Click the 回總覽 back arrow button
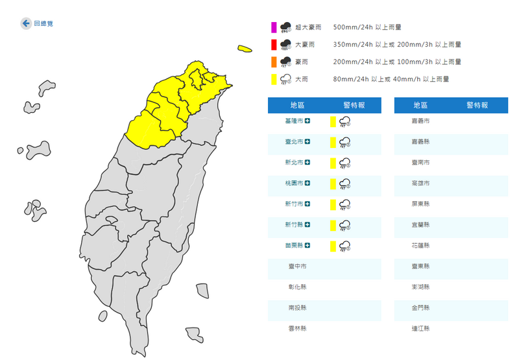coord(27,23)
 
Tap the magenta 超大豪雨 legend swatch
coord(274,27)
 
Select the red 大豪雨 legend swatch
coord(274,45)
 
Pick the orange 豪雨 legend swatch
coord(274,62)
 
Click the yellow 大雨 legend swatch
coord(274,80)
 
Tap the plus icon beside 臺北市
coord(308,142)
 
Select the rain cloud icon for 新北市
coord(346,163)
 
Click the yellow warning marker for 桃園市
coord(333,184)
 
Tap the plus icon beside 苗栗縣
coord(308,246)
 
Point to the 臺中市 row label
coord(297,267)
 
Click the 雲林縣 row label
coord(297,329)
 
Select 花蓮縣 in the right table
coord(421,246)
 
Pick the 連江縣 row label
coord(421,329)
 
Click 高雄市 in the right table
coord(421,184)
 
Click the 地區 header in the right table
coord(421,105)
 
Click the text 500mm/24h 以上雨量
coord(367,27)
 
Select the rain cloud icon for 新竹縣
coord(346,225)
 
